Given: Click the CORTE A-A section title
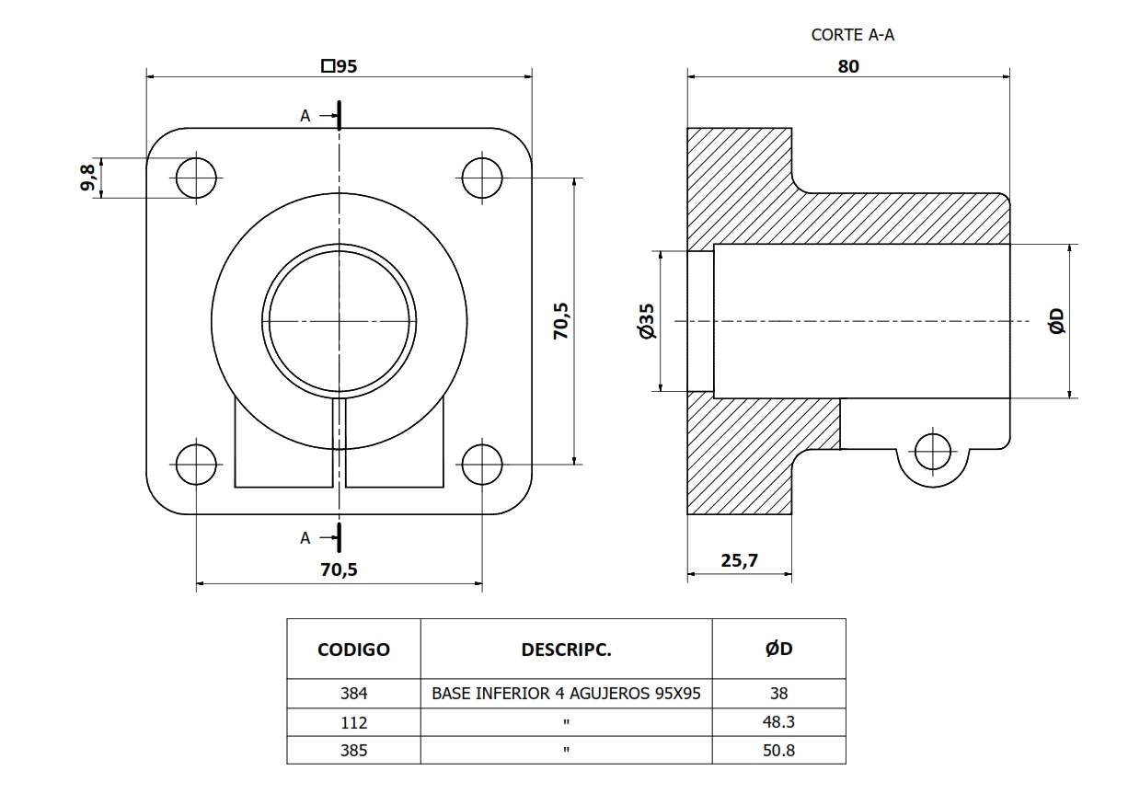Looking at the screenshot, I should [x=852, y=35].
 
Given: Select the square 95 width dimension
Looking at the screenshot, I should [x=340, y=66].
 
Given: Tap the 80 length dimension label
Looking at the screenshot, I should [x=848, y=66].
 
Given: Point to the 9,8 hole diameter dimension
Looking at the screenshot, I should [x=88, y=178].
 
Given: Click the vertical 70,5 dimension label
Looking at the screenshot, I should [x=560, y=321].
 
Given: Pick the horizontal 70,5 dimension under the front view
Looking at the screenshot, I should [x=339, y=569].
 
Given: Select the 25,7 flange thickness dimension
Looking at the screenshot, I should [x=739, y=561].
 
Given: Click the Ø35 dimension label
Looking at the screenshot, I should [x=647, y=321].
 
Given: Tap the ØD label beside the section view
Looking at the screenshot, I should [x=1056, y=321].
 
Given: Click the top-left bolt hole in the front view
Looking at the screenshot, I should [x=197, y=178].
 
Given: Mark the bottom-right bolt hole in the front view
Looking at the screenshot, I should [x=482, y=465].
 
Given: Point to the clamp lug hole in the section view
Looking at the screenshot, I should [x=933, y=451].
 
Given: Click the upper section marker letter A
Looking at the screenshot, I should [x=305, y=116].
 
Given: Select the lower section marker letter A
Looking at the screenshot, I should [x=305, y=538].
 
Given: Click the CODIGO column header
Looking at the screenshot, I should [x=353, y=650].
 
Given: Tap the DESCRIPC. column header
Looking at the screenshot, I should [x=566, y=650].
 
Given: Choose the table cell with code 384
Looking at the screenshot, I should [x=353, y=694].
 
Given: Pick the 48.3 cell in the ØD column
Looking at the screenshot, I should [x=778, y=722].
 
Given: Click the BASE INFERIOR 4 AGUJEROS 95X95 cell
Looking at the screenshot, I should [x=566, y=694].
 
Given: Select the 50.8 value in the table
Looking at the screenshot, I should [x=778, y=750].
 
